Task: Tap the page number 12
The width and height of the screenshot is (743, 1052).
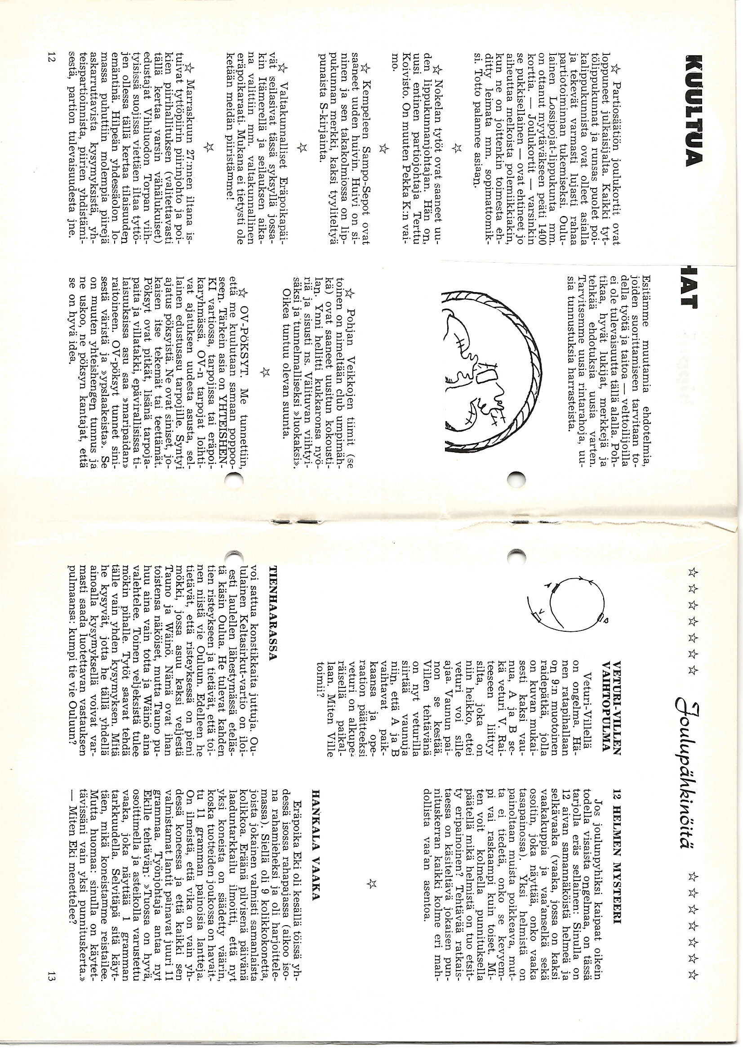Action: (50, 60)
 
